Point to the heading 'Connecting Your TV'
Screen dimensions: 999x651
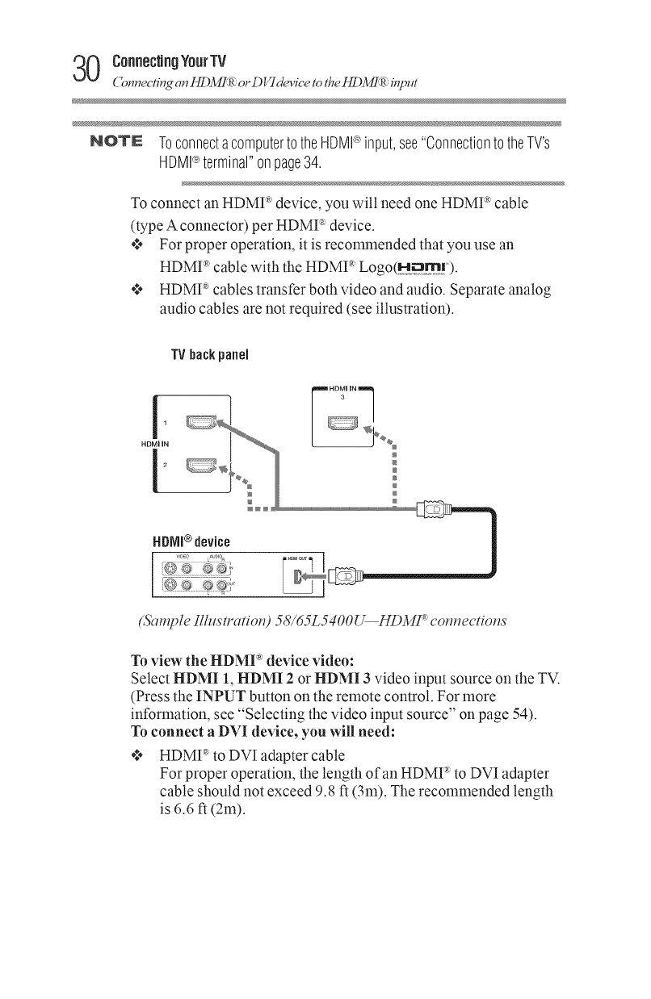[x=170, y=60]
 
